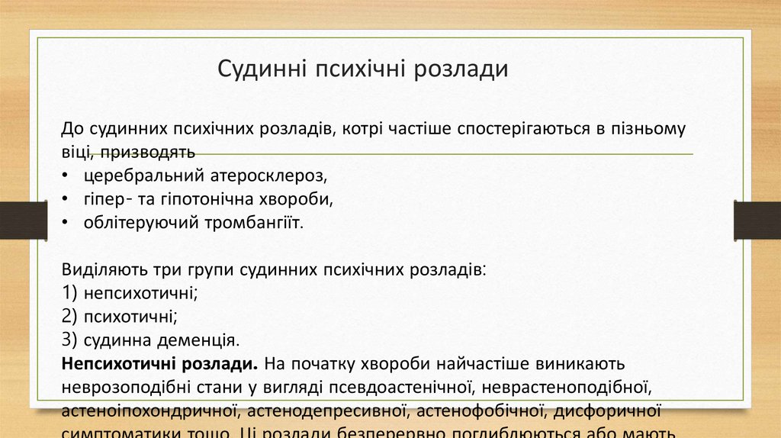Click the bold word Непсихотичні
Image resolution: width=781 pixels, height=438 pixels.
pos(116,362)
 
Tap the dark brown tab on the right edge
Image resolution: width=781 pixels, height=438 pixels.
pos(757,221)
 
